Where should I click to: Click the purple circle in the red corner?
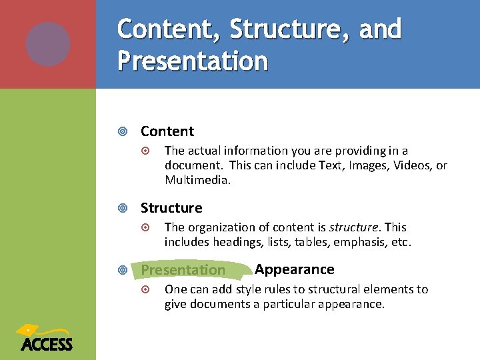48,44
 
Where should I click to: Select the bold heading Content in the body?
167,131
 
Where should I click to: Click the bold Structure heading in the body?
171,208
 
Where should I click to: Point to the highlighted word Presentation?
183,270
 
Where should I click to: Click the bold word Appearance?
295,269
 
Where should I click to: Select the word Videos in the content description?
414,165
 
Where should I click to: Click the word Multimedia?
198,180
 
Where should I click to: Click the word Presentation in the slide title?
193,61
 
